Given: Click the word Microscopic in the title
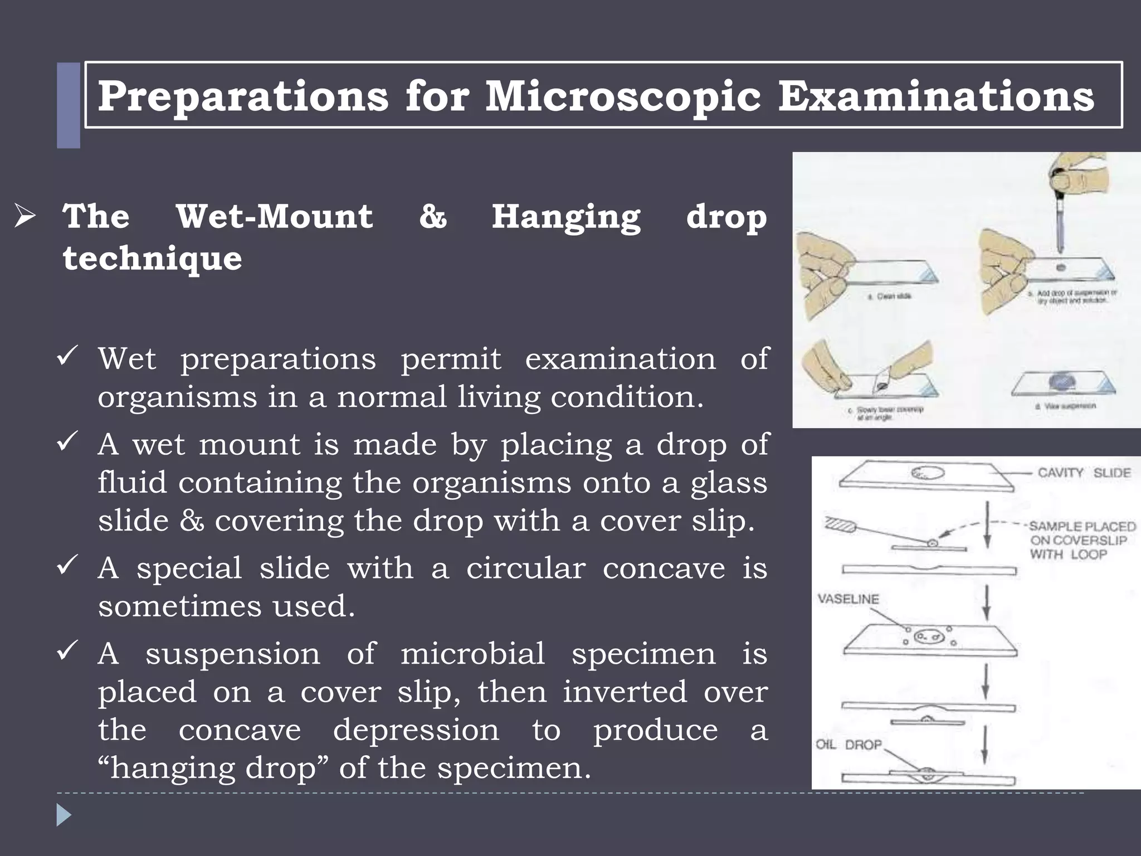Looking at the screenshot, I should pyautogui.click(x=623, y=96).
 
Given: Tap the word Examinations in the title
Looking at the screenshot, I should pyautogui.click(x=936, y=96).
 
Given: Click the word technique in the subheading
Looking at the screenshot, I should pyautogui.click(x=152, y=258).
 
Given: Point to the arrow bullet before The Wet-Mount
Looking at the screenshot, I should pyautogui.click(x=25, y=216).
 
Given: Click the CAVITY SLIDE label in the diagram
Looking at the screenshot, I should pyautogui.click(x=1084, y=473).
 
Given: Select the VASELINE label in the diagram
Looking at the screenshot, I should pyautogui.click(x=848, y=599).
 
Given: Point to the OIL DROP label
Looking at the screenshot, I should pyautogui.click(x=849, y=745).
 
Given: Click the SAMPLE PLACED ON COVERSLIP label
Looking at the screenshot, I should pyautogui.click(x=1081, y=540).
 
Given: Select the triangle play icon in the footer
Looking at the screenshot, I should pyautogui.click(x=64, y=815).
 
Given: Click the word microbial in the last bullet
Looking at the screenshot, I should pyautogui.click(x=472, y=653).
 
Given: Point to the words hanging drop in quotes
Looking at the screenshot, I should pyautogui.click(x=214, y=768).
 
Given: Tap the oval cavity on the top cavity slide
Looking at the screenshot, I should pyautogui.click(x=928, y=473).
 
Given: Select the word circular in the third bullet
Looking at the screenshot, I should pyautogui.click(x=525, y=568).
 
